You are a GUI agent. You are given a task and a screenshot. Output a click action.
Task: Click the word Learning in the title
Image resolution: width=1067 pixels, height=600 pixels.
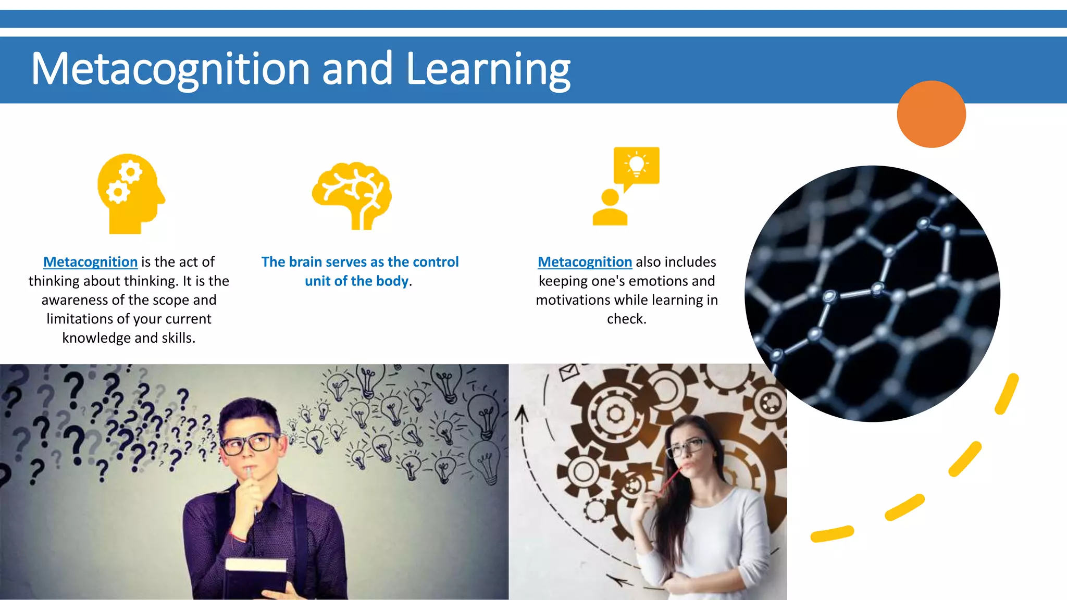(488, 69)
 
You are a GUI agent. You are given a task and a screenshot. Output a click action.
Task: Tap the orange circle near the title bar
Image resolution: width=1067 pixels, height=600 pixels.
(931, 114)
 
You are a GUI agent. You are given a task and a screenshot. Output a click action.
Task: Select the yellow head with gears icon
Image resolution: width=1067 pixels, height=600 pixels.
(131, 193)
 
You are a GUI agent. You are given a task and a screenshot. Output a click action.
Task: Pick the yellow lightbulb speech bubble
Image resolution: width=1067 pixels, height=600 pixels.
(636, 166)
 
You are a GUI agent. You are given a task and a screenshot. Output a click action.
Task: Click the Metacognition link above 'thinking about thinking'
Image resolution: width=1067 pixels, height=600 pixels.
(90, 262)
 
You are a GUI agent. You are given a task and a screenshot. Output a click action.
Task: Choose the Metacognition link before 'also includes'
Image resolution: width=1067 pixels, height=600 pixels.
(585, 262)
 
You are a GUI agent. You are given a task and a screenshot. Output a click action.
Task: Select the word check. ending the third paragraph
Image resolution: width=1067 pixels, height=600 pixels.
(626, 319)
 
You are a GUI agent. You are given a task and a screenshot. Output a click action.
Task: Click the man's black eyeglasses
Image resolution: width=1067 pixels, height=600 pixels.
(249, 443)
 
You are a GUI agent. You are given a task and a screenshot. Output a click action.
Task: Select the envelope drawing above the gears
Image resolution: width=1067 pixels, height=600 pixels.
(568, 371)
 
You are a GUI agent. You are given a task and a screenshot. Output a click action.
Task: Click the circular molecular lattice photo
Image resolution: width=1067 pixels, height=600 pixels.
(872, 293)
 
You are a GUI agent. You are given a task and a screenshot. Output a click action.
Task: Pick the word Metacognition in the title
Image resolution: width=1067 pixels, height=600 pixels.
(171, 69)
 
